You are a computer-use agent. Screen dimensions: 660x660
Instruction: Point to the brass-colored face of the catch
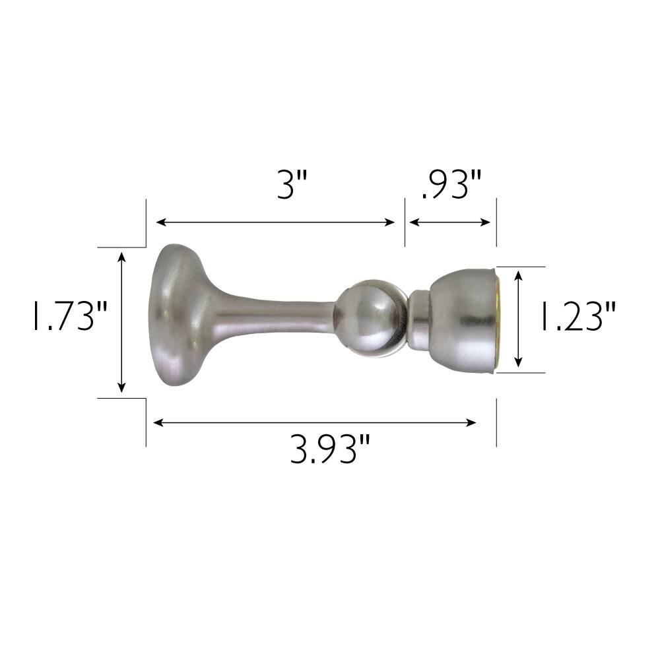point(499,320)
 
